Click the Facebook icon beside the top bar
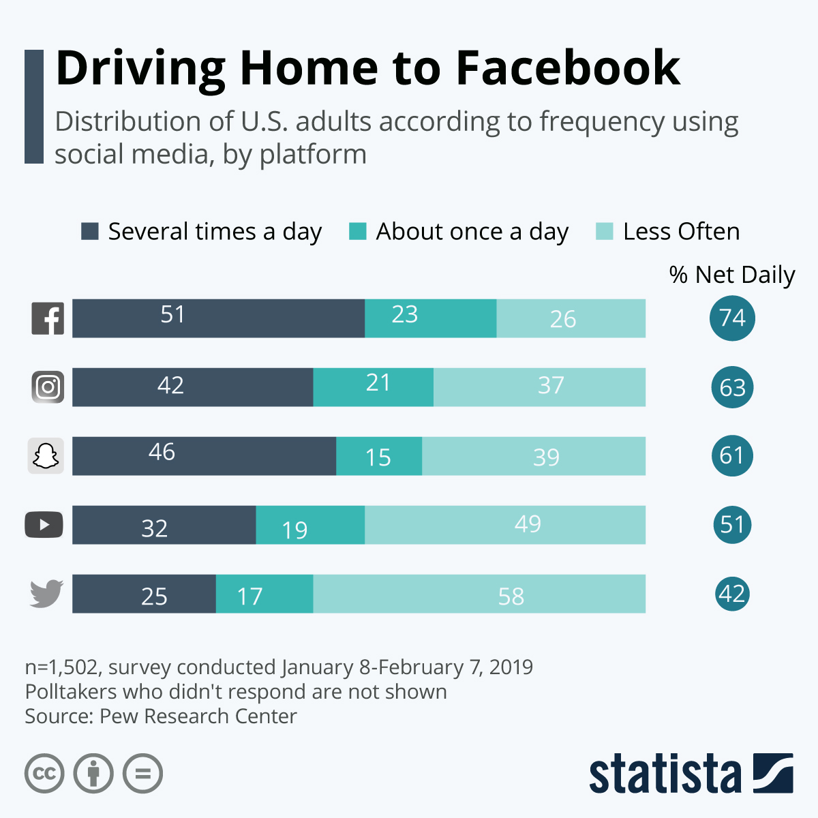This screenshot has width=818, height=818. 48,318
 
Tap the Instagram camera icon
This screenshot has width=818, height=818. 48,387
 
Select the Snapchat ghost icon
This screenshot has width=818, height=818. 46,456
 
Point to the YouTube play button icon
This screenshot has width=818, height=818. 44,525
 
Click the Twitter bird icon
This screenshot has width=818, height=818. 46,594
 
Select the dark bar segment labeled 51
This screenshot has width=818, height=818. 218,318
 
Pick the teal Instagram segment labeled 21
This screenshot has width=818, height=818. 373,387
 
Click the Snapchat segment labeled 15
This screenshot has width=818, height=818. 378,456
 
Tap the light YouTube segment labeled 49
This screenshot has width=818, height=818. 504,525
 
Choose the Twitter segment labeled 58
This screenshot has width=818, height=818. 479,594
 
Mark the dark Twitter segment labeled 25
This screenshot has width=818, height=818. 144,594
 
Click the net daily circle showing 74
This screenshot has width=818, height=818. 732,318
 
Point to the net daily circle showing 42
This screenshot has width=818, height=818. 732,594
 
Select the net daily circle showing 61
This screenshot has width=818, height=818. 732,456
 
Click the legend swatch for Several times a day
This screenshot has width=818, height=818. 90,232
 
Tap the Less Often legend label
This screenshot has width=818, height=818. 681,232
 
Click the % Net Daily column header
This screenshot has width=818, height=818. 732,275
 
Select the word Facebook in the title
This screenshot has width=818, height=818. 568,68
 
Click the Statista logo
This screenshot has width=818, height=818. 691,774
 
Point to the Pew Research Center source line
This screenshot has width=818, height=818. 161,716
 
